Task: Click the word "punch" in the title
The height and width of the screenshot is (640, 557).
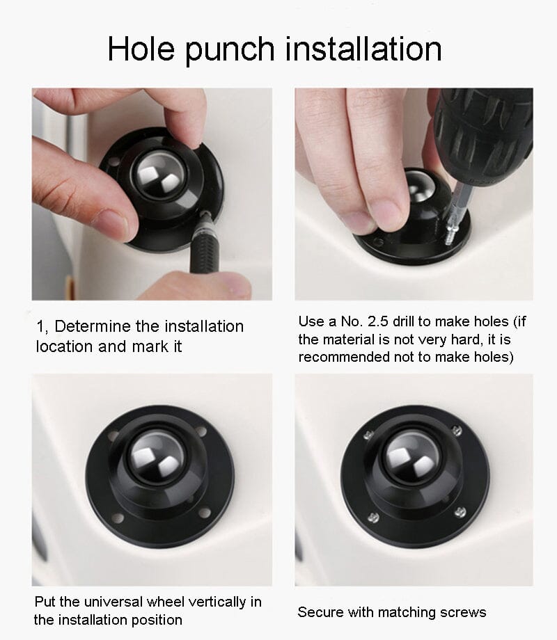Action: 230,50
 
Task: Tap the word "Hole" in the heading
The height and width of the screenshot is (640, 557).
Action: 141,49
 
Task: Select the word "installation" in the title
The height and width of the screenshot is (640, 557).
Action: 363,49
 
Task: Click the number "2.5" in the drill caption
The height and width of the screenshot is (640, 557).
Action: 377,321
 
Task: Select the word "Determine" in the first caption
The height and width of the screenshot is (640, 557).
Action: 93,326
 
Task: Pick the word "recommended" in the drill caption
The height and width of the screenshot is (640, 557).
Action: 344,357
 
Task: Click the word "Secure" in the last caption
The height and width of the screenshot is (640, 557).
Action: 320,612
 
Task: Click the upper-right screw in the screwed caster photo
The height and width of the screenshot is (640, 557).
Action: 457,430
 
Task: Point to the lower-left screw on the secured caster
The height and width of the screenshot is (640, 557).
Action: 373,518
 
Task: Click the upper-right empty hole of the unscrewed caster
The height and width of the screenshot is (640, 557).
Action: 201,431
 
